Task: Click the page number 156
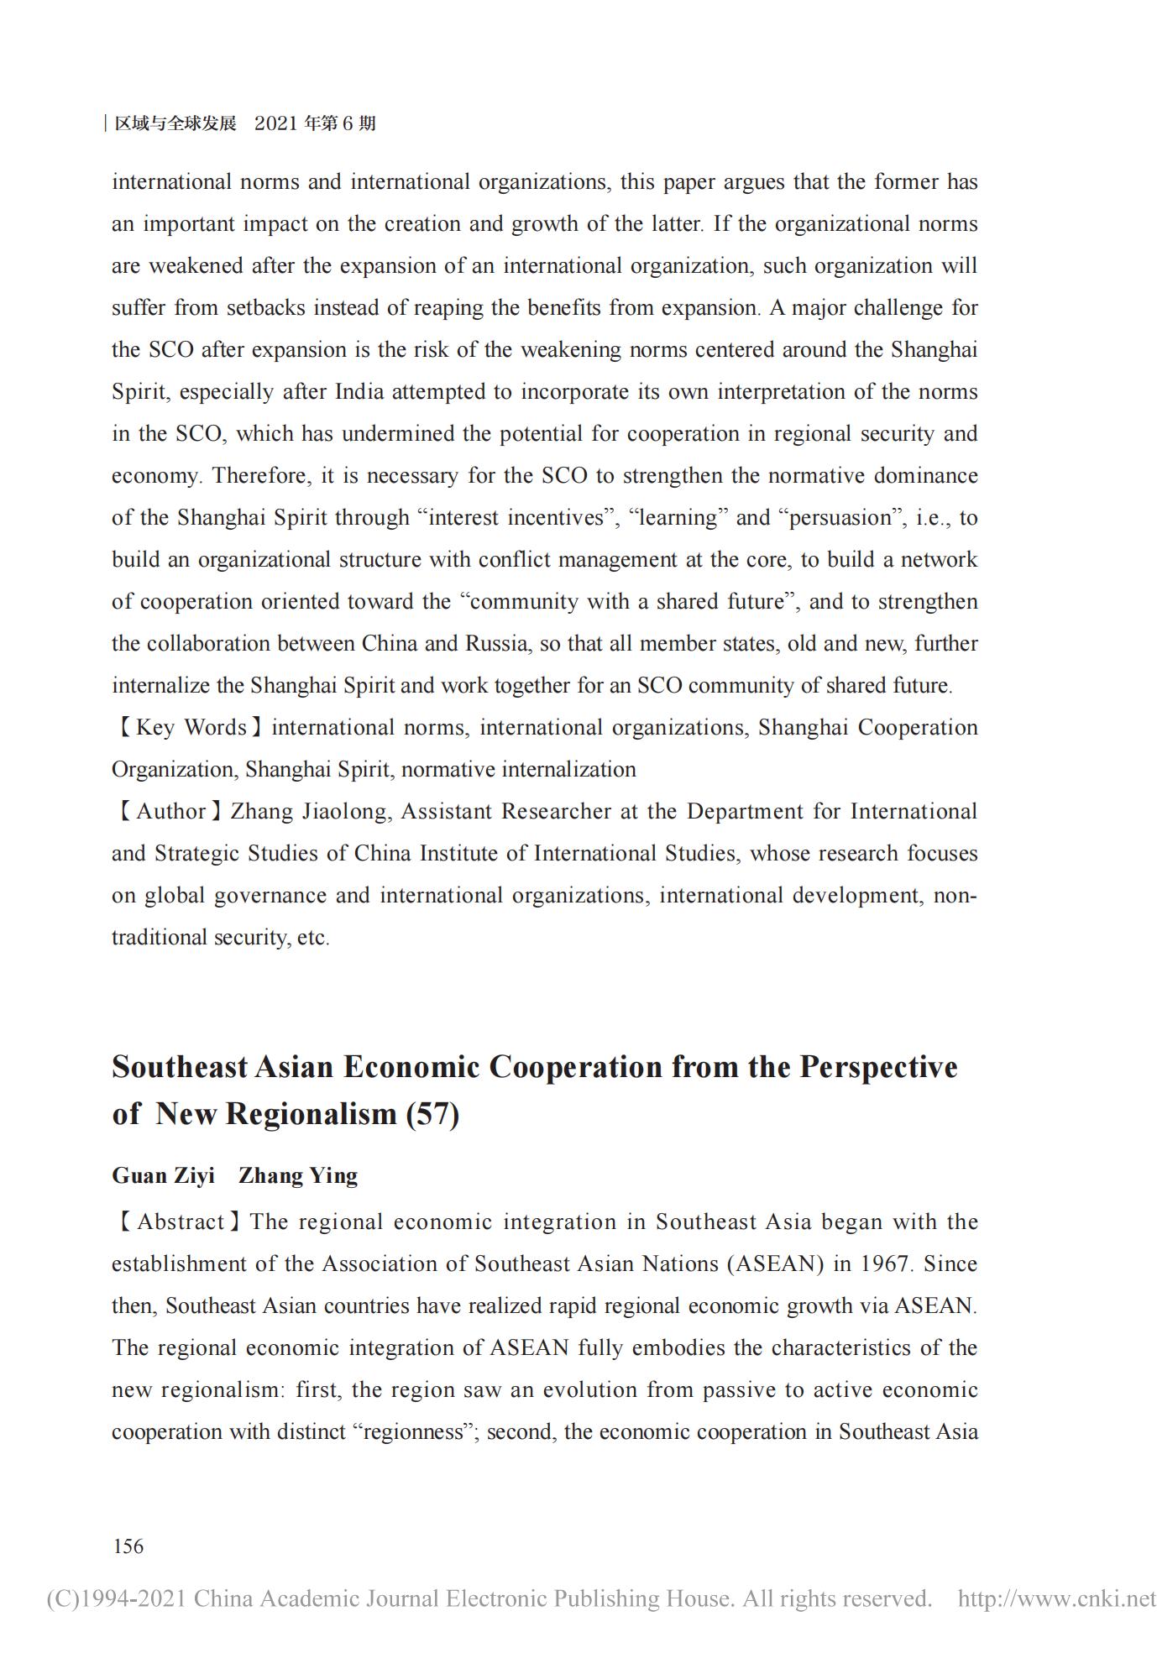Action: pos(128,1546)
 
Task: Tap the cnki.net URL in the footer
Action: pos(1057,1598)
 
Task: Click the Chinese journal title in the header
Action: pos(175,123)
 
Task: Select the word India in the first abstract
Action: pos(361,392)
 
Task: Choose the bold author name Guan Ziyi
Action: pos(163,1175)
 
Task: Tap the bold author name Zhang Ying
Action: pos(298,1175)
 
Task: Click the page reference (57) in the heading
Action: pos(432,1114)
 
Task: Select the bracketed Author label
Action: pos(168,812)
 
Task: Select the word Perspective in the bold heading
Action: pos(877,1067)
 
